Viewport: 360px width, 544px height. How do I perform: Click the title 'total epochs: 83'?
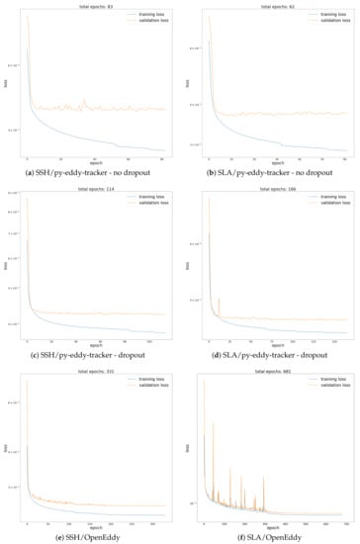pyautogui.click(x=96, y=6)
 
